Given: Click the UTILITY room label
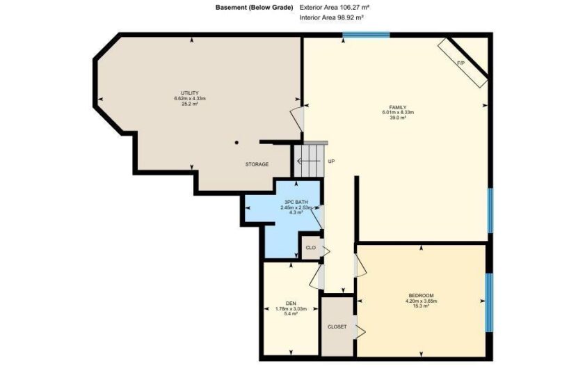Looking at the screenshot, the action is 189,93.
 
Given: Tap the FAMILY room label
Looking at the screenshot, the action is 398,107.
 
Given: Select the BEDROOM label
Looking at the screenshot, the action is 421,296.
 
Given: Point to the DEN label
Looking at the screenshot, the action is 291,303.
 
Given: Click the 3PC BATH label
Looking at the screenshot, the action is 296,203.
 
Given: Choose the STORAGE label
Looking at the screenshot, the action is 257,164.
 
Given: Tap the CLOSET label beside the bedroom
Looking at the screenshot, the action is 337,326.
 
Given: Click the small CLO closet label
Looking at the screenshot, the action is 310,248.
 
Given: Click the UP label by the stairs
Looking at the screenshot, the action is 331,161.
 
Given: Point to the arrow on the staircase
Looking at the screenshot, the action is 309,161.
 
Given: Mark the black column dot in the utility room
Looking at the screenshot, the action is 237,142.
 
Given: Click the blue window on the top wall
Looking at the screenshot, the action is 366,35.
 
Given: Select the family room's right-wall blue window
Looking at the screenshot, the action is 490,210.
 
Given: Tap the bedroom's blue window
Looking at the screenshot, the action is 488,302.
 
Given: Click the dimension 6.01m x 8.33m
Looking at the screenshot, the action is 398,112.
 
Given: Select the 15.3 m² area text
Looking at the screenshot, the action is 421,306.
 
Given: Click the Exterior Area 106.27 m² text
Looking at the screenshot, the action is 335,7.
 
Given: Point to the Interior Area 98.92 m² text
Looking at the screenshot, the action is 332,17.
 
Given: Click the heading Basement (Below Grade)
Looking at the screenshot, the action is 254,8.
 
